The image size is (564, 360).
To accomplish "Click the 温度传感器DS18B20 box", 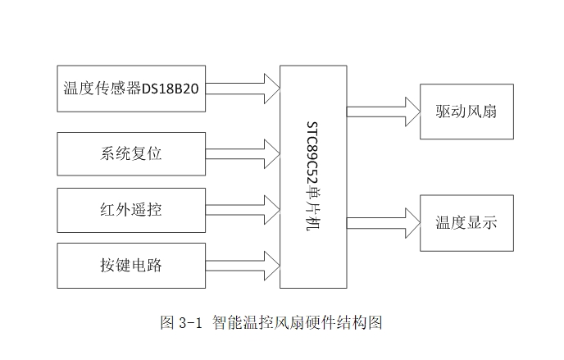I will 130,88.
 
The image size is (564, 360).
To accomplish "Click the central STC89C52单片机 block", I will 313,176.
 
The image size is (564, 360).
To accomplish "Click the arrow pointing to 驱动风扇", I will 382,111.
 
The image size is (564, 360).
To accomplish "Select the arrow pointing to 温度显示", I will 382,223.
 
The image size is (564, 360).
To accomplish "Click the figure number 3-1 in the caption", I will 190,322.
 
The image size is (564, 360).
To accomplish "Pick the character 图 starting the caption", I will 167,322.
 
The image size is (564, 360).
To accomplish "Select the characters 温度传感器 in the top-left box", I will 102,89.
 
